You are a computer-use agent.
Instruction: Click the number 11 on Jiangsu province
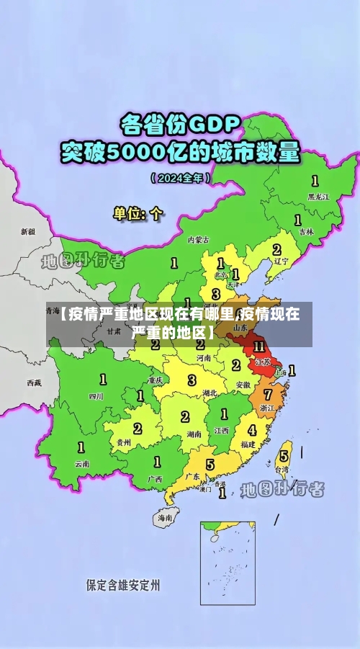[259, 346]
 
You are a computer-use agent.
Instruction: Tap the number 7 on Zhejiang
[268, 394]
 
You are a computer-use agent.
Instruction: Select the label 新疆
[27, 232]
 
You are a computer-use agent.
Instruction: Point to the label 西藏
[34, 382]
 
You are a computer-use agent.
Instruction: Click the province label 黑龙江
[318, 196]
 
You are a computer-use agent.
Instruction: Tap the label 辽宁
[281, 262]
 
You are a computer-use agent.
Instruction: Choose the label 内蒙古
[198, 239]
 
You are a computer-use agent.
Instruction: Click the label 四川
[96, 395]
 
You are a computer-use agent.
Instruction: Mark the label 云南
[82, 464]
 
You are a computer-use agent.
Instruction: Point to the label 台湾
[283, 469]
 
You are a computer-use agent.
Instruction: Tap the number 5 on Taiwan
[284, 455]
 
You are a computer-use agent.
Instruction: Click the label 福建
[248, 444]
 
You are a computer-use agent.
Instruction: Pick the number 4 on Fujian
[252, 431]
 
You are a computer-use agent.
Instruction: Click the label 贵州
[124, 442]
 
